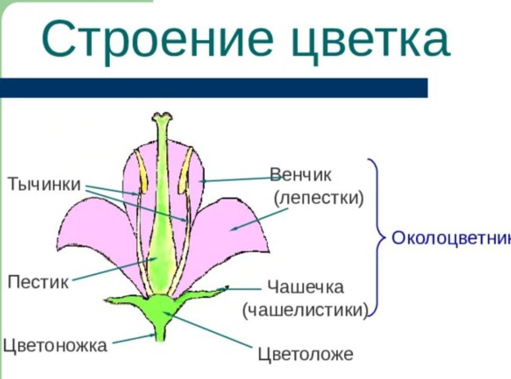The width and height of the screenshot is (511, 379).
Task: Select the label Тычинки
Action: [x=44, y=184]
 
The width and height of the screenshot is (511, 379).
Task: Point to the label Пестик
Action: [x=38, y=282]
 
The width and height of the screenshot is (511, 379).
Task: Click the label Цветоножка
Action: [x=55, y=345]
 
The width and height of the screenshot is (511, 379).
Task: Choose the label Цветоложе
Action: [x=305, y=354]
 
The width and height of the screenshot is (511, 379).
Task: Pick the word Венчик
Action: [x=301, y=175]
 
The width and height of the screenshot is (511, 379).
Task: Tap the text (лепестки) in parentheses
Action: [x=319, y=198]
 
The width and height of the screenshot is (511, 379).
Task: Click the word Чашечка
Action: [x=305, y=287]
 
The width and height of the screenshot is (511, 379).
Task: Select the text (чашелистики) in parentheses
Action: [x=305, y=310]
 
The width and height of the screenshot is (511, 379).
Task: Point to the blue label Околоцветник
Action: [x=451, y=238]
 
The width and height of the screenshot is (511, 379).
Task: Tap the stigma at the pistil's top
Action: [x=162, y=116]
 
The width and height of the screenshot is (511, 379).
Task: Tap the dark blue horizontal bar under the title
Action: [x=214, y=87]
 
